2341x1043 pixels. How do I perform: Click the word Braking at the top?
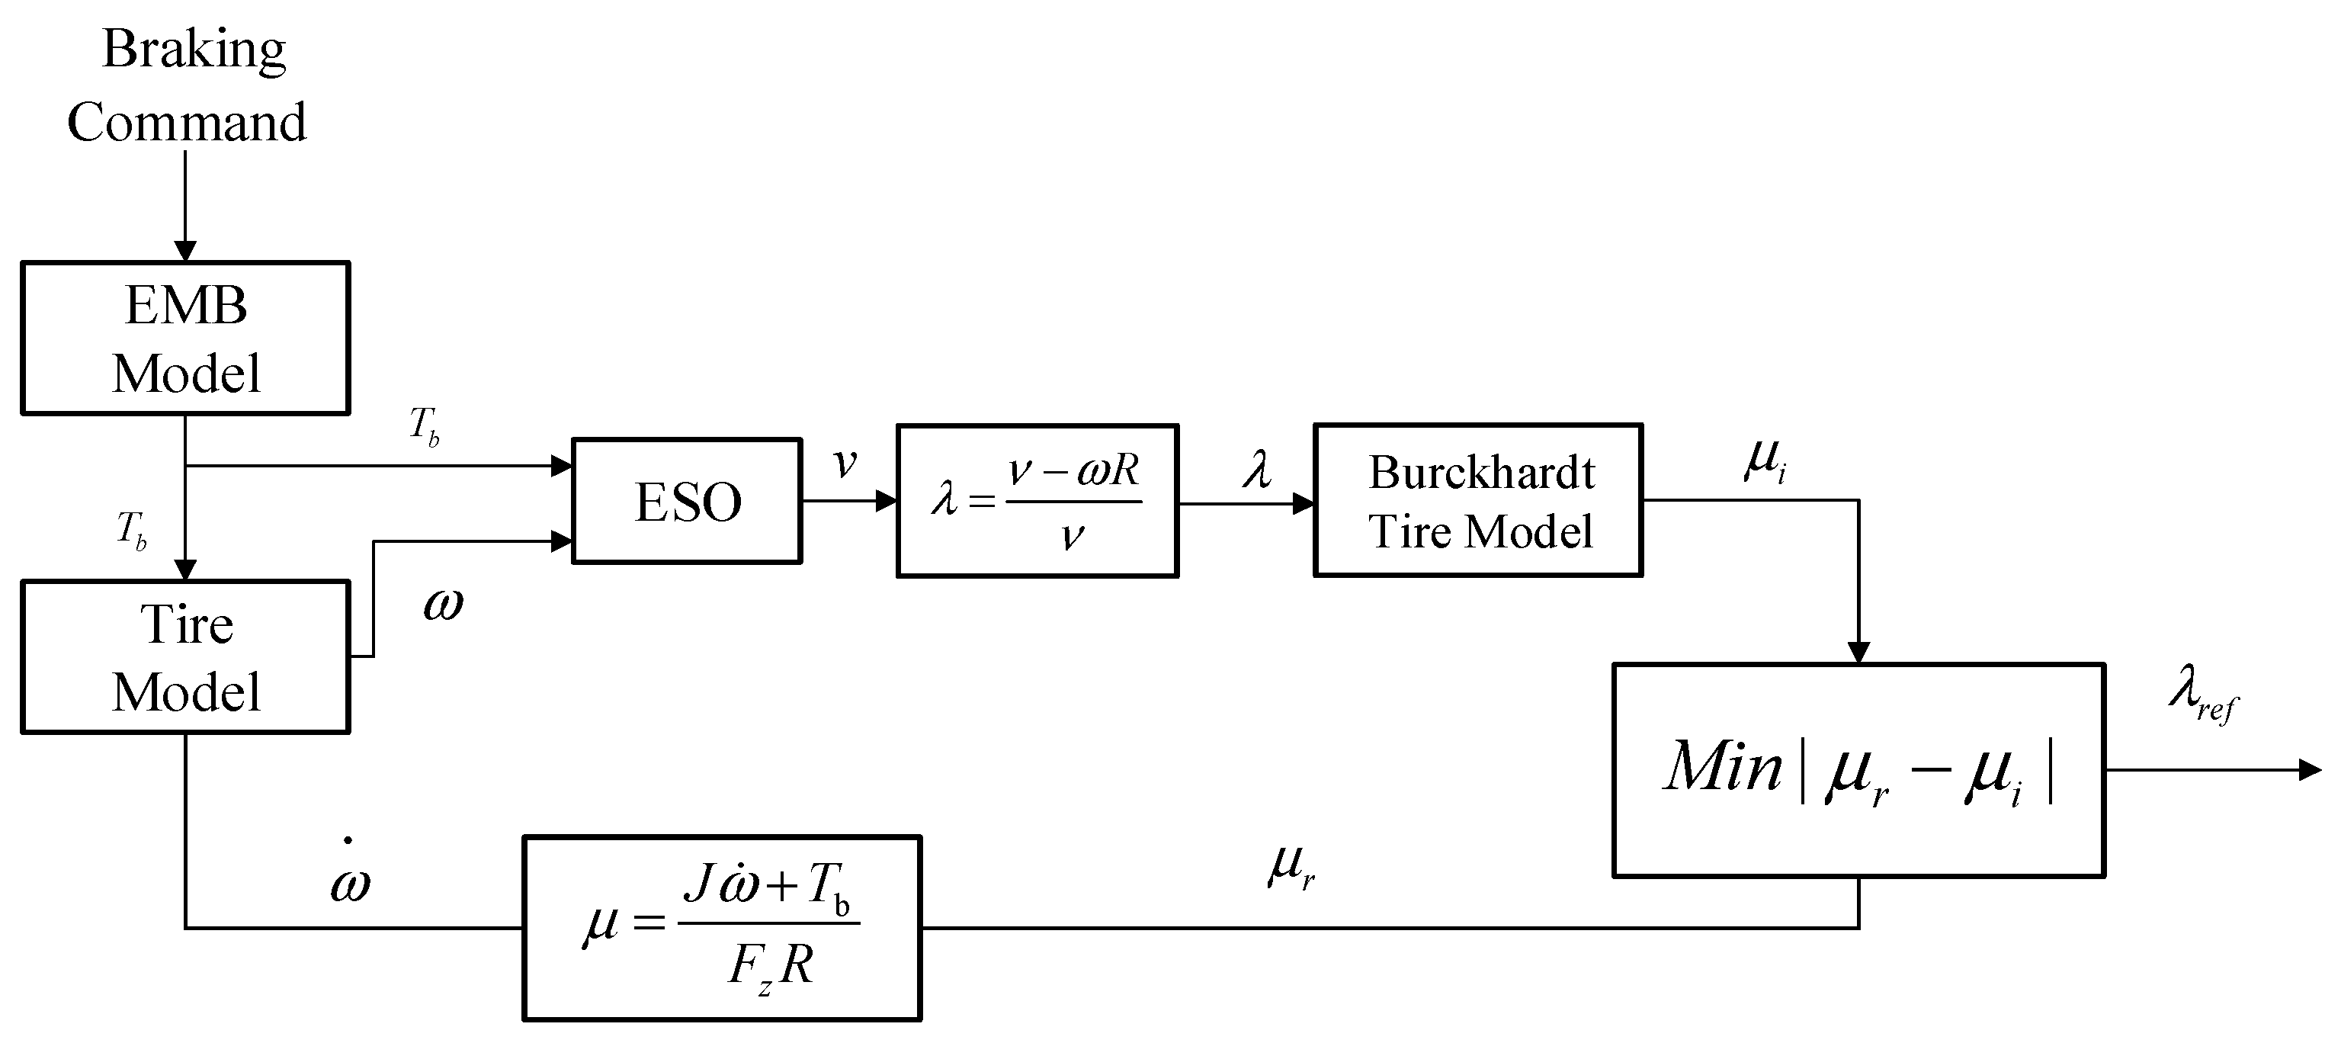point(194,50)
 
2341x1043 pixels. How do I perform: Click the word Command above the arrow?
point(186,123)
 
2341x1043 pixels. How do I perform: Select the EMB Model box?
point(185,339)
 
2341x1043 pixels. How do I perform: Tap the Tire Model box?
point(185,656)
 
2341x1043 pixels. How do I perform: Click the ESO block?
point(687,501)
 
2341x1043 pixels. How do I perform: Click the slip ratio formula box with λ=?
point(1037,501)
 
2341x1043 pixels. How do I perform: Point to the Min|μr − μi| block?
point(1858,770)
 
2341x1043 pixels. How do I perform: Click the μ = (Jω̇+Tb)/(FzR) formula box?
point(723,928)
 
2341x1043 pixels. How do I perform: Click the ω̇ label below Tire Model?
point(351,878)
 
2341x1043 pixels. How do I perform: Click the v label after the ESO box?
point(845,464)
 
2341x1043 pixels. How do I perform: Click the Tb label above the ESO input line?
point(425,425)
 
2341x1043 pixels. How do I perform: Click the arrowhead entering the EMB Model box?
point(185,251)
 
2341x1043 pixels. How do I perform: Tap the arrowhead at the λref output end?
point(2310,770)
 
